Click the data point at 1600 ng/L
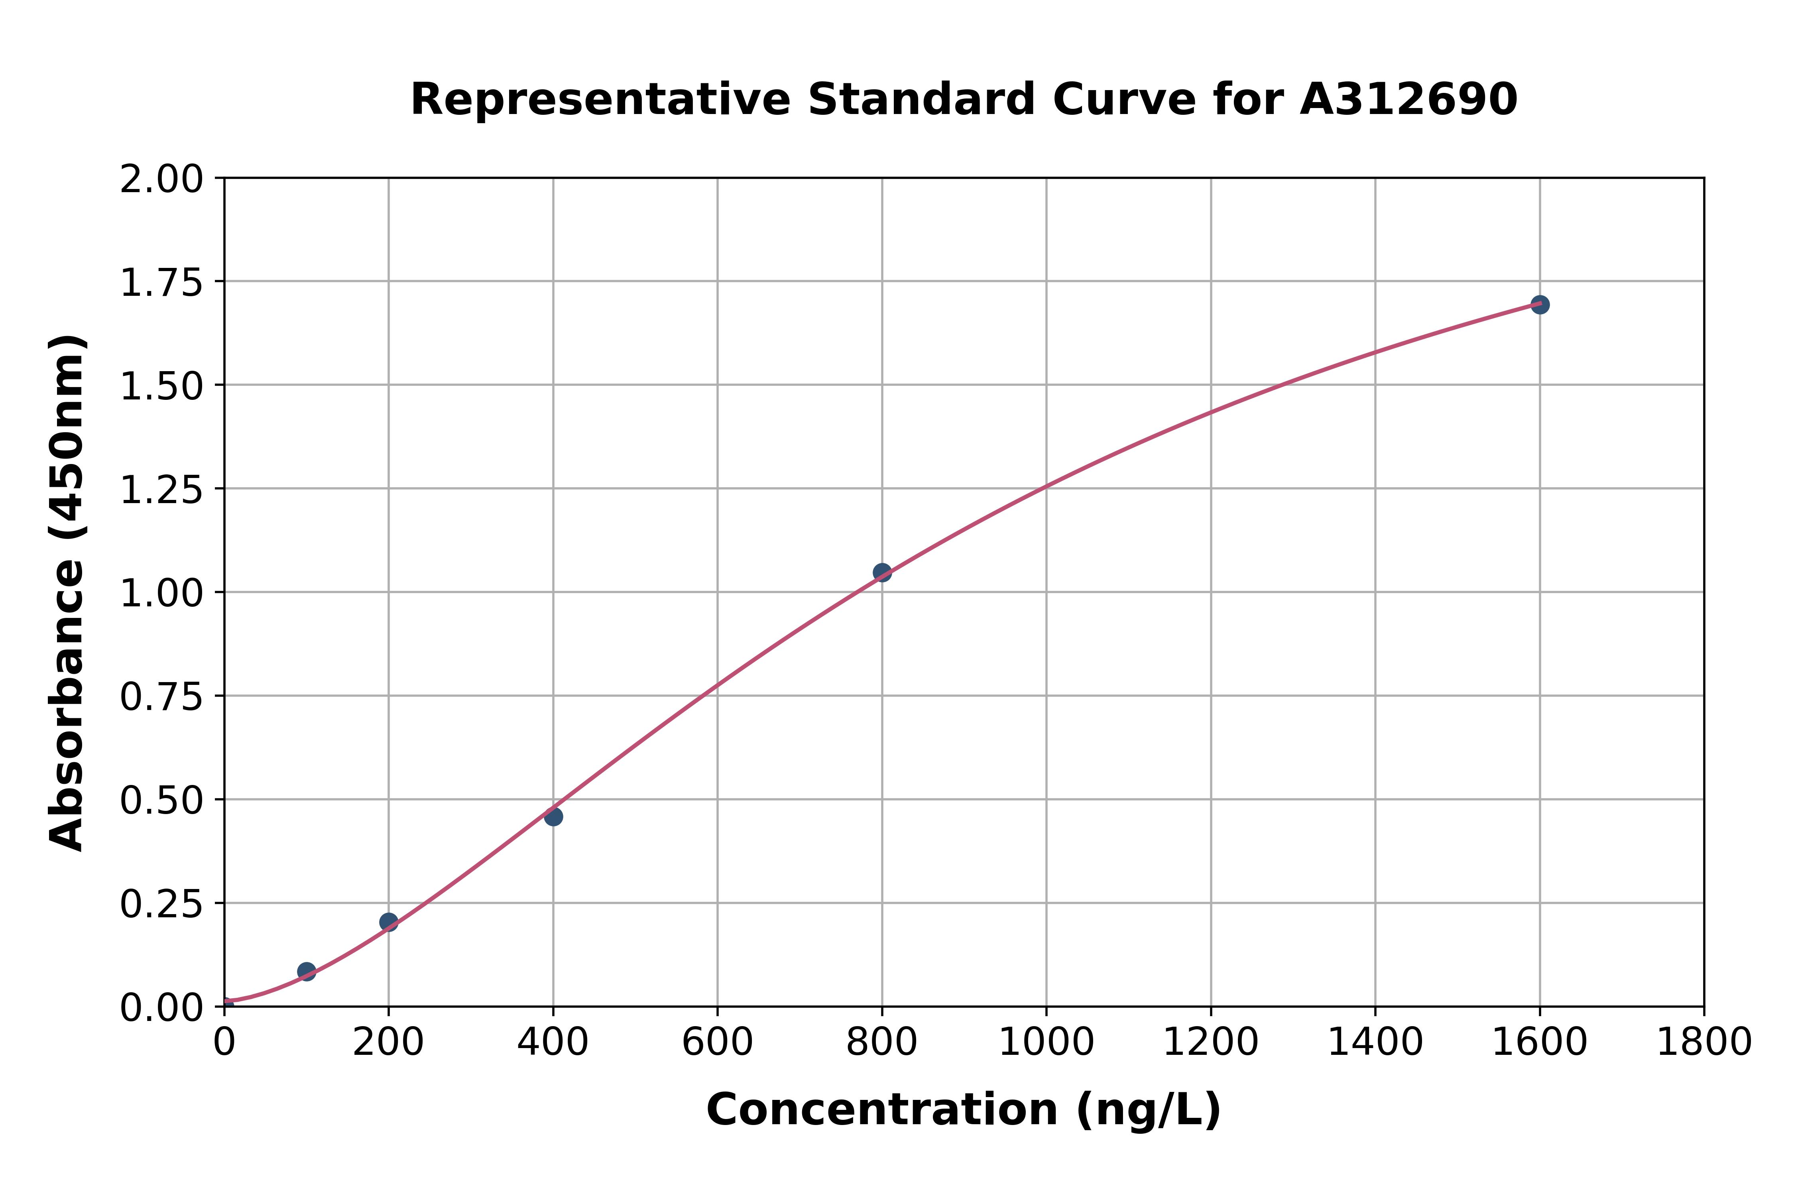click(x=1540, y=304)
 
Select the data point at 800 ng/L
click(x=882, y=572)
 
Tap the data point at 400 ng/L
click(x=553, y=816)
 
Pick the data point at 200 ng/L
click(x=389, y=921)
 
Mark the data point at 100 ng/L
click(x=307, y=971)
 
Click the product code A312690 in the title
click(x=1408, y=100)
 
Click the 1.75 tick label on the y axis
click(x=161, y=283)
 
